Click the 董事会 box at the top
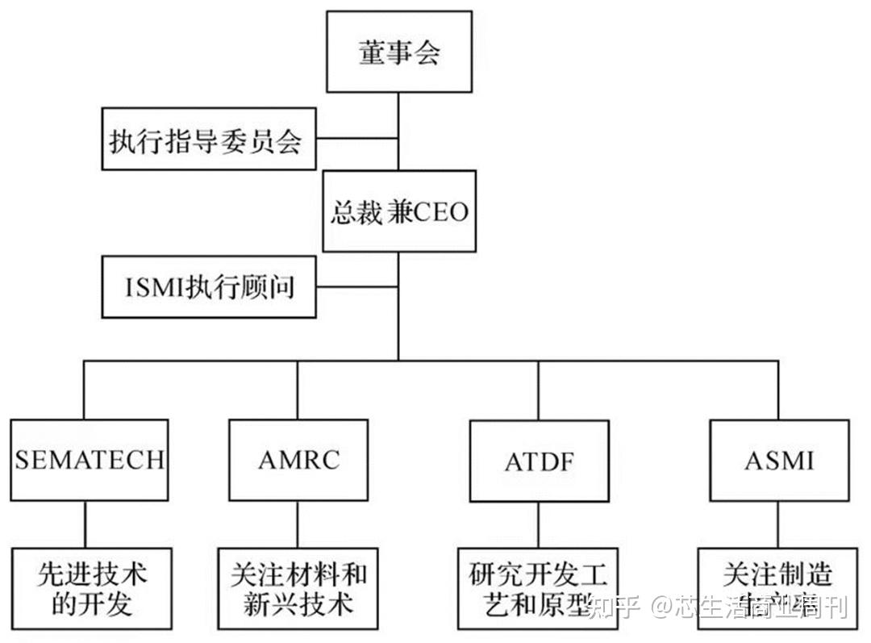coord(400,52)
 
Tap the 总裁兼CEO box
coord(400,211)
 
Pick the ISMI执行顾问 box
coord(209,287)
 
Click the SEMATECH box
coord(90,460)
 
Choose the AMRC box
coord(298,460)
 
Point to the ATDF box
coord(538,461)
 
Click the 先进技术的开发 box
coord(91,590)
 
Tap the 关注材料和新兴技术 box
coord(298,590)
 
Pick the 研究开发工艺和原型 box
coord(538,590)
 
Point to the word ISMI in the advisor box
coord(154,288)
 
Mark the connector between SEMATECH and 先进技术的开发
coord(85,524)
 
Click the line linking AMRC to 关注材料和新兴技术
coord(298,524)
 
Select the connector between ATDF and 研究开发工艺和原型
coord(538,525)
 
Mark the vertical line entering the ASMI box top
coord(778,390)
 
